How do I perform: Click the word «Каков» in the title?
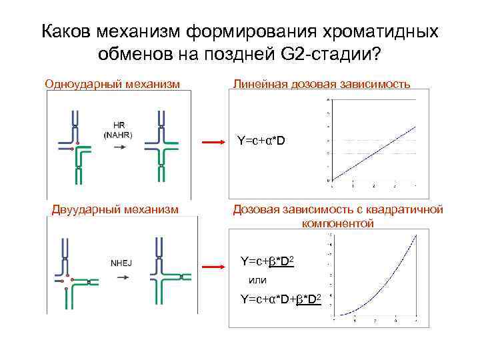coord(65,31)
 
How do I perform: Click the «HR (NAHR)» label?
coord(118,130)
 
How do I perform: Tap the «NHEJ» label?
coord(121,263)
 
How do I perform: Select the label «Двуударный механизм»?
coord(115,209)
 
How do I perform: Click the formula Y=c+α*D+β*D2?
coord(281,299)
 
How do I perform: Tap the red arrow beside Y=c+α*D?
coord(213,142)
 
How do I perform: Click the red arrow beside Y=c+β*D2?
coord(213,267)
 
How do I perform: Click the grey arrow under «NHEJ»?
coord(121,277)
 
